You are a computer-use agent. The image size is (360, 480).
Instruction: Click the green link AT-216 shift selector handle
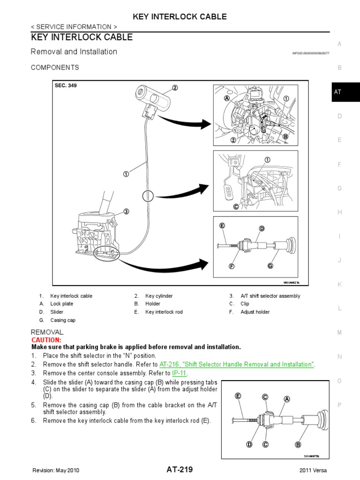pyautogui.click(x=237, y=364)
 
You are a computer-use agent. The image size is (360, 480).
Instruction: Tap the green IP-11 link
pyautogui.click(x=179, y=373)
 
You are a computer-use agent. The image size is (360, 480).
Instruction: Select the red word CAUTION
pyautogui.click(x=46, y=339)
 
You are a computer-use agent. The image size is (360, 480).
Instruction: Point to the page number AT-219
pyautogui.click(x=180, y=470)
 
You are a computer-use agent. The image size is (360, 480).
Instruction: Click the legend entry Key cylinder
pyautogui.click(x=159, y=296)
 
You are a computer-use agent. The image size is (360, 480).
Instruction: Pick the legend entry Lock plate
pyautogui.click(x=62, y=304)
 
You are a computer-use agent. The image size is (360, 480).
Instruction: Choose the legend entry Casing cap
pyautogui.click(x=63, y=320)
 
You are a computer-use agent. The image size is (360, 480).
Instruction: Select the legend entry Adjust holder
pyautogui.click(x=255, y=312)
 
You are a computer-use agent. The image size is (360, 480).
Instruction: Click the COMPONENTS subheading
pyautogui.click(x=55, y=67)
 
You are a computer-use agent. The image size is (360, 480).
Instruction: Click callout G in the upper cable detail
pyautogui.click(x=270, y=266)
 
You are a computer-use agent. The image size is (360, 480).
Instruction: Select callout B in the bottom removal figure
pyautogui.click(x=297, y=444)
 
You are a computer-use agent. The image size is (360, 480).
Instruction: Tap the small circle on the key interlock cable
pyautogui.click(x=148, y=196)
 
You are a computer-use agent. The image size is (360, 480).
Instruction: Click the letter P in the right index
pyautogui.click(x=339, y=405)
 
